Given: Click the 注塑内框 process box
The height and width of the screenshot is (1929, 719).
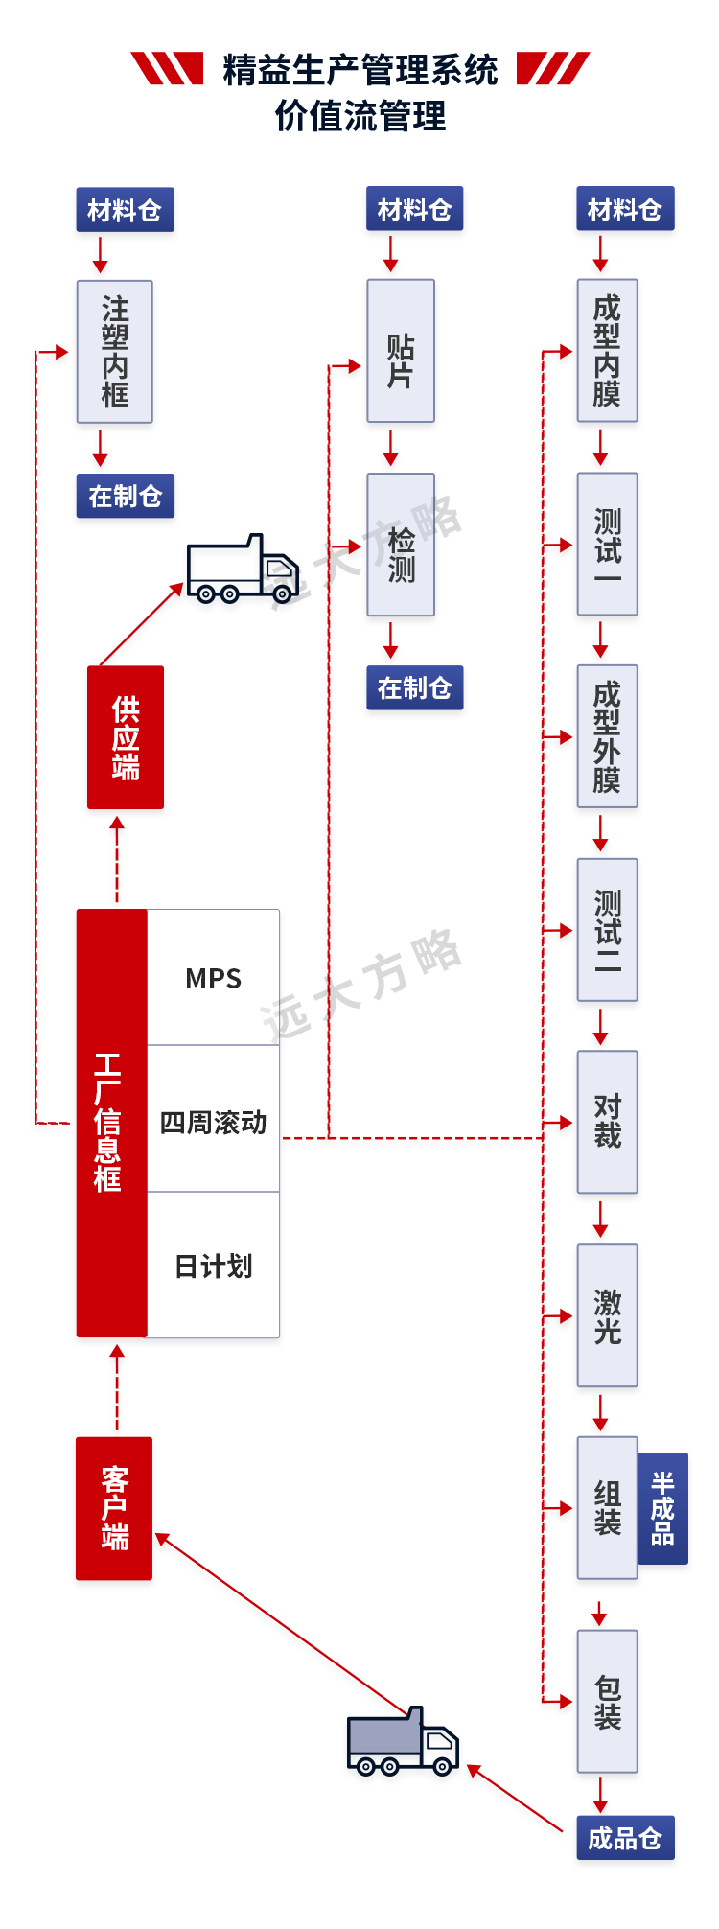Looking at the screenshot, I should [x=115, y=351].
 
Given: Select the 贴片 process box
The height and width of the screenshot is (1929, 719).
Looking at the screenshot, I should [x=401, y=351].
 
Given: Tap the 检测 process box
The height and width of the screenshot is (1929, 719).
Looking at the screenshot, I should [x=401, y=544].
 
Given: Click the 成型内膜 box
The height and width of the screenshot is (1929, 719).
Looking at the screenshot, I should [x=607, y=351].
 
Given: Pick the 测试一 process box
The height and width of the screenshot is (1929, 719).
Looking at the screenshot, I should [x=607, y=544].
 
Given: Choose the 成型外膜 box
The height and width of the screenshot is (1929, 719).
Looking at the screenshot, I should [x=607, y=736].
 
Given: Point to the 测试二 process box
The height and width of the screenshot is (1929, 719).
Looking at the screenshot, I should [x=607, y=929].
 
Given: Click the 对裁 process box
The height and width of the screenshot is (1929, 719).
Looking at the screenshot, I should [x=607, y=1122].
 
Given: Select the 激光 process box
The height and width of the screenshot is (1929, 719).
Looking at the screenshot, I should [x=607, y=1315].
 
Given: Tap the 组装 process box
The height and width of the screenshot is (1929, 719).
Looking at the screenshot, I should [x=607, y=1507].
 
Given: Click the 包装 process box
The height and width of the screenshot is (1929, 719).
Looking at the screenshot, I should [x=607, y=1701].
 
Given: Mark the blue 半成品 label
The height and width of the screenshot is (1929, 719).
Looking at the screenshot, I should [x=662, y=1508].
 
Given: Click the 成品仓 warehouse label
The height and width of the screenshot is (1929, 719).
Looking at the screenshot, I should [x=625, y=1838].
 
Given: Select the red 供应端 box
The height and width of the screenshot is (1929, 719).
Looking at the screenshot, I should [x=126, y=737].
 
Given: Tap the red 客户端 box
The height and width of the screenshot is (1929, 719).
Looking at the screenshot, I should [x=114, y=1508].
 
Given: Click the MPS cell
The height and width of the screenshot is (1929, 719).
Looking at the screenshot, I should [x=213, y=978].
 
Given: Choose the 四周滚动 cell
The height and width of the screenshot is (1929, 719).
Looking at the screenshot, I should [x=213, y=1122].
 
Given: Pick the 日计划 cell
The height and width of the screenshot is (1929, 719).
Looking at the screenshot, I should [x=213, y=1267].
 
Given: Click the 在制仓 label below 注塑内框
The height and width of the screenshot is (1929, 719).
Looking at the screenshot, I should [x=126, y=496].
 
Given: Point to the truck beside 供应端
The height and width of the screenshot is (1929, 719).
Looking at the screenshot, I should [x=241, y=568].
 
